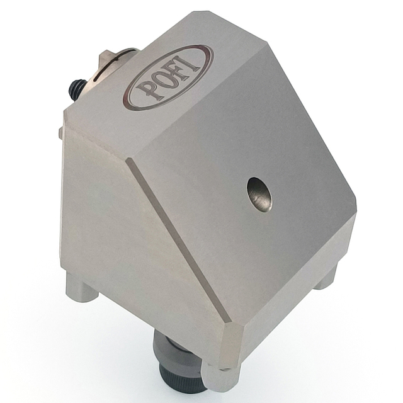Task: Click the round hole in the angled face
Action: [x=259, y=193]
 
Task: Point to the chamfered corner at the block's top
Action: [x=200, y=16]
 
